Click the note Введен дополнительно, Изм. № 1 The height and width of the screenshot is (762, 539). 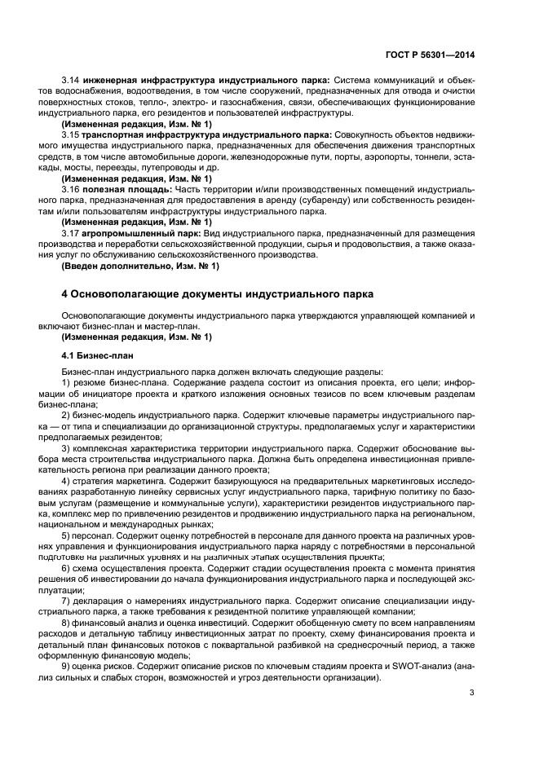coord(140,266)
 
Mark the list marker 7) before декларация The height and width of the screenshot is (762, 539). coord(66,600)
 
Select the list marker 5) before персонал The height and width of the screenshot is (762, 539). coord(66,535)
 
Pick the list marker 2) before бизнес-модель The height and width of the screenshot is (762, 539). coord(66,415)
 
